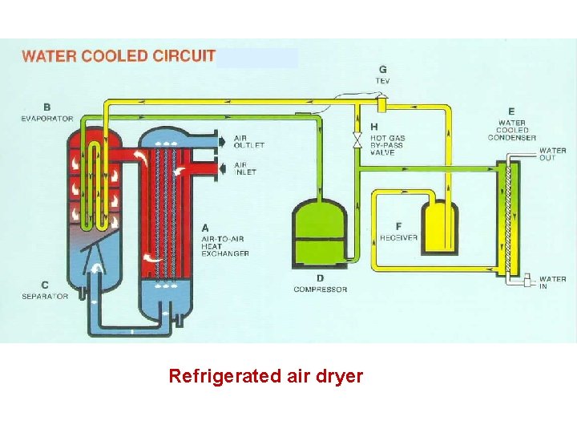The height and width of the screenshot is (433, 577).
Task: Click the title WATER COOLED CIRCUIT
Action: coord(119,56)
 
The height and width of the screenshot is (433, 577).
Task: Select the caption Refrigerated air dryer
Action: coord(265,375)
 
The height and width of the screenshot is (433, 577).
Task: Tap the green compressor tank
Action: coord(320,233)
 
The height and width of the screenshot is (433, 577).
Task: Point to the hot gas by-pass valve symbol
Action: coord(358,140)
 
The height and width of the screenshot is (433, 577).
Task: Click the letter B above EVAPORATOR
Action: coord(47,107)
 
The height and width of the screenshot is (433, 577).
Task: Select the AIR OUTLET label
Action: coord(248,141)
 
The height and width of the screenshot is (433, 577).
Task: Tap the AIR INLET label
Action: coord(245,168)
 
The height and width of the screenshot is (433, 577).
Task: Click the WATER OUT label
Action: coord(552,154)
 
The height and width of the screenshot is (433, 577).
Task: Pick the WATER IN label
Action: coord(552,282)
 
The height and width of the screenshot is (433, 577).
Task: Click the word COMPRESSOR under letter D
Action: coord(320,289)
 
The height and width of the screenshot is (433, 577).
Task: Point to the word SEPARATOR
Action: coord(45,296)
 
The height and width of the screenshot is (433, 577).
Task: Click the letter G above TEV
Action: coord(382,70)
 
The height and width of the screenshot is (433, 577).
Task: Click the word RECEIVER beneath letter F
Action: coord(398,238)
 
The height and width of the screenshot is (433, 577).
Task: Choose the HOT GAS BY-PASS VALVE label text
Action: coord(387,145)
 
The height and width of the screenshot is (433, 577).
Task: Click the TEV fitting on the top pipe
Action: coord(381,104)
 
